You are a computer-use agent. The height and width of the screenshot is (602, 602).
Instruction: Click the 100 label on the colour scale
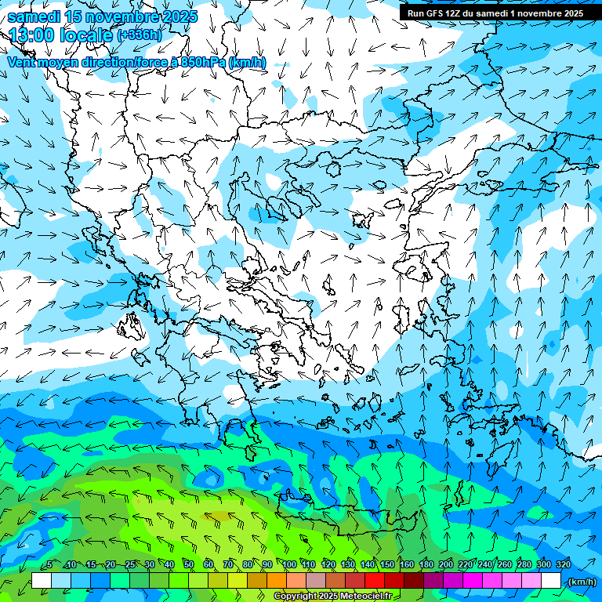pos(289,564)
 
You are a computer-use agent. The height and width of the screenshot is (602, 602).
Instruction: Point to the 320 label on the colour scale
pos(564,564)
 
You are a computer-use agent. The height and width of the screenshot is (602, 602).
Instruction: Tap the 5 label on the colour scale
pos(49,564)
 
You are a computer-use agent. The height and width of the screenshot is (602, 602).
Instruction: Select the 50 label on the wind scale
pos(189,564)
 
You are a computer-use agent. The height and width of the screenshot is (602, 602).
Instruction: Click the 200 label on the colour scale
pos(446,564)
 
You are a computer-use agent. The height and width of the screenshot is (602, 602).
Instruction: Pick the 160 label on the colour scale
pos(407,564)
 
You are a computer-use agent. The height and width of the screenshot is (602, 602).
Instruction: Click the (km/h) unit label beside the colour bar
pos(581,582)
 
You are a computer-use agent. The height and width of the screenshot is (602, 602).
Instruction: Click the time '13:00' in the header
pos(32,34)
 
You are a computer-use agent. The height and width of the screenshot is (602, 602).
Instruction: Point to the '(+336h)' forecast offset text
pos(139,35)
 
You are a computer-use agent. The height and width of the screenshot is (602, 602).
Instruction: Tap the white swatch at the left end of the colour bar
pos(42,581)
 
